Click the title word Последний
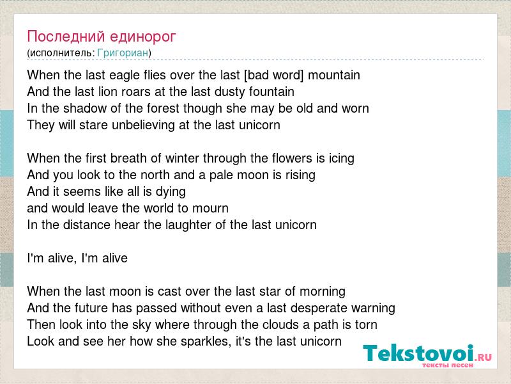click(x=66, y=36)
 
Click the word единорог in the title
click(x=142, y=36)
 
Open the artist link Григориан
click(x=123, y=53)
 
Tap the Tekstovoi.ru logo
click(x=427, y=355)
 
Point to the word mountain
click(x=334, y=76)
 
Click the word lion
click(x=108, y=92)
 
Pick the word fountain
click(x=271, y=92)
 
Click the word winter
click(x=182, y=158)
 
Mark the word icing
click(x=341, y=159)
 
